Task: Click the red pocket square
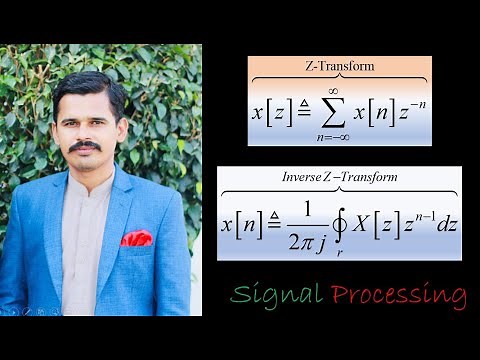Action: point(137,238)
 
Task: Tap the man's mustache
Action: point(85,147)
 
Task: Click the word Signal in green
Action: point(276,295)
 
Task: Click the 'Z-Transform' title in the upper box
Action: point(339,66)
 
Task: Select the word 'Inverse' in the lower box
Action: point(306,177)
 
